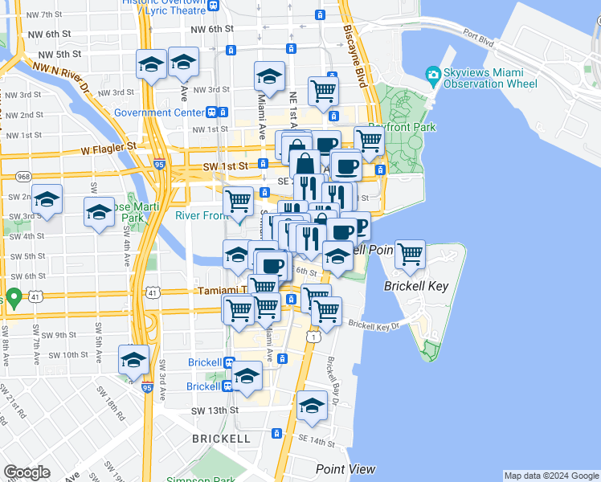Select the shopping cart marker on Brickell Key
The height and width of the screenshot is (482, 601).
[411, 256]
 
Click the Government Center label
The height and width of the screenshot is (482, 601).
[159, 112]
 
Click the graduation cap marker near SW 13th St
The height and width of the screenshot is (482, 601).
[312, 407]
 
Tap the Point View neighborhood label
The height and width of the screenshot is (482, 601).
[345, 469]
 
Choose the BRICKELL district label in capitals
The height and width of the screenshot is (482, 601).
[221, 439]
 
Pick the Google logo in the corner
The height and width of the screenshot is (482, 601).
[27, 472]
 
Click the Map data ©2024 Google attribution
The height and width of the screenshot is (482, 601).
[551, 476]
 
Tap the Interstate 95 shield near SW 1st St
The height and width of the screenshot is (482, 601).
[160, 165]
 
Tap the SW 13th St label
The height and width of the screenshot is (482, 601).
[215, 411]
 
